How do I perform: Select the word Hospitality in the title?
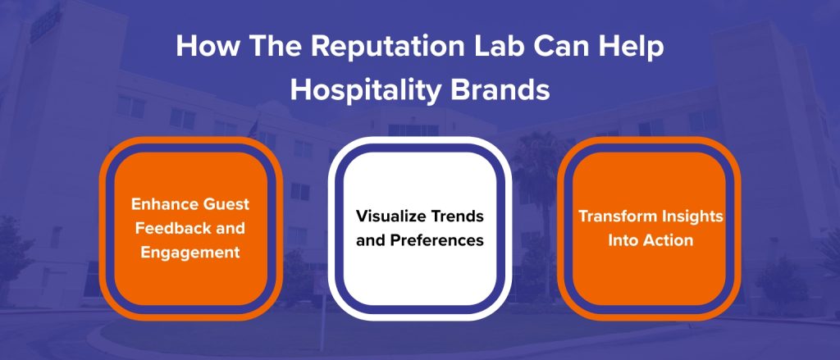point(371,89)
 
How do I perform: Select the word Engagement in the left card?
point(189,252)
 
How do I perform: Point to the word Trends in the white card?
point(458,216)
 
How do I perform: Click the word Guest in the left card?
point(226,204)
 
